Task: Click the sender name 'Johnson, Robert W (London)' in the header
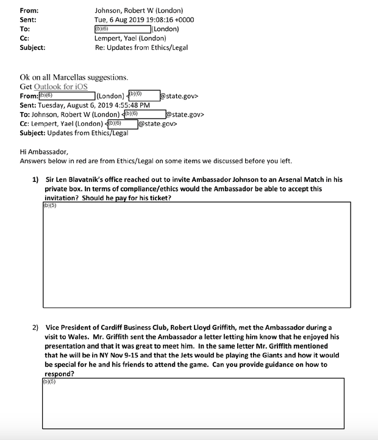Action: click(x=138, y=10)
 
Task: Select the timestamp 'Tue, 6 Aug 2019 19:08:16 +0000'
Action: click(x=148, y=19)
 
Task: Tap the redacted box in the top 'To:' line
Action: click(x=122, y=29)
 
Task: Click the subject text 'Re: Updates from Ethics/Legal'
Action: click(x=141, y=47)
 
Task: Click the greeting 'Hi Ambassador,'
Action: click(x=44, y=152)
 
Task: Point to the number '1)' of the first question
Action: click(x=35, y=180)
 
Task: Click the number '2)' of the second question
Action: click(x=35, y=327)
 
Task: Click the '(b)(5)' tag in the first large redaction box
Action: click(x=49, y=205)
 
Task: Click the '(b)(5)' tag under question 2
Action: click(x=49, y=382)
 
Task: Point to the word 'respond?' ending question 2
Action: click(x=60, y=374)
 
